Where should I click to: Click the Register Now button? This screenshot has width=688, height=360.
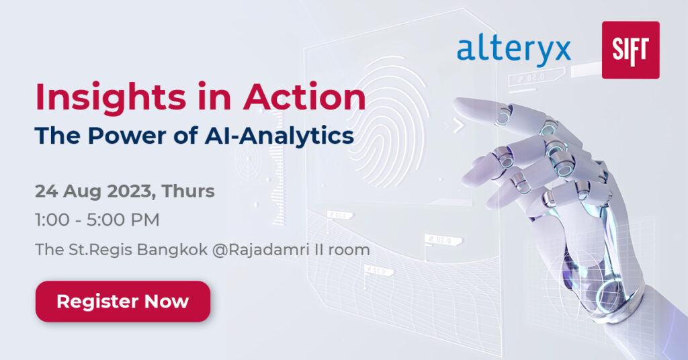click(x=122, y=302)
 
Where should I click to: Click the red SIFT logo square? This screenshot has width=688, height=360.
click(x=630, y=50)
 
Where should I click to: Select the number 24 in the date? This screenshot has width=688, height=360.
click(x=46, y=191)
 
